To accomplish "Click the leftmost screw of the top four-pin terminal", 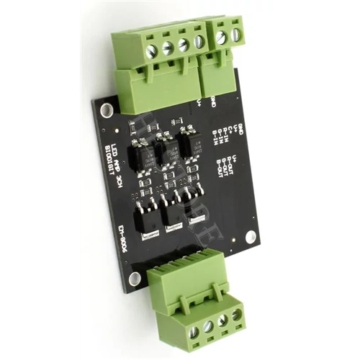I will [x=151, y=51].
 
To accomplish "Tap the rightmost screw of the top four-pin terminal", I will [x=199, y=42].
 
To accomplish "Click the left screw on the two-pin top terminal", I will [x=221, y=37].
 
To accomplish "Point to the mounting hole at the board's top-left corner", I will [x=107, y=110].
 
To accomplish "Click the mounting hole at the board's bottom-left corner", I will [x=135, y=278].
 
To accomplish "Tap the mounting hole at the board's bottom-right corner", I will [x=251, y=236].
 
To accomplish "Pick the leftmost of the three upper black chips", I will [x=138, y=155].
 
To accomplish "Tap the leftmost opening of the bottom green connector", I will [x=194, y=332].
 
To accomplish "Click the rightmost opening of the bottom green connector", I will [x=237, y=315].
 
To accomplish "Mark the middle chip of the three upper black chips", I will [x=168, y=150].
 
